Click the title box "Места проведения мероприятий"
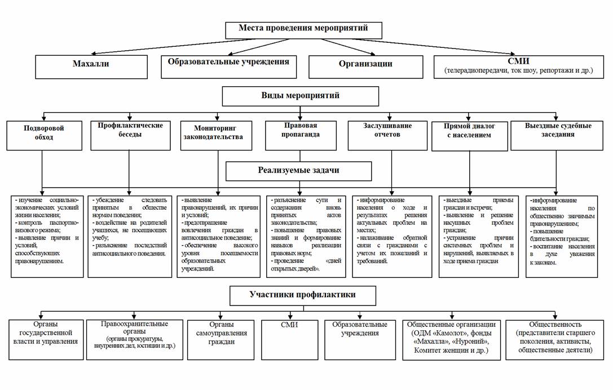click(x=303, y=30)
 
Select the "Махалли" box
click(x=91, y=67)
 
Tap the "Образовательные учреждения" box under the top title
click(x=229, y=67)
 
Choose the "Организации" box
click(x=365, y=67)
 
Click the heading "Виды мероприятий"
click(x=300, y=96)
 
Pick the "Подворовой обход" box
click(x=44, y=136)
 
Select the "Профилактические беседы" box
click(x=130, y=136)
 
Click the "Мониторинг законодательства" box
click(x=216, y=136)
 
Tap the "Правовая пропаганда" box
click(x=301, y=136)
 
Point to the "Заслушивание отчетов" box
click(x=387, y=136)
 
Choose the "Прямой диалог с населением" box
click(x=470, y=136)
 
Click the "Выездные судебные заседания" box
click(x=557, y=136)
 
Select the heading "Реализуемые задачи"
click(x=299, y=171)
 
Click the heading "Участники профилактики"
click(x=303, y=296)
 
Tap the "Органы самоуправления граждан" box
click(x=221, y=340)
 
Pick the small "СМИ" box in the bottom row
click(x=289, y=340)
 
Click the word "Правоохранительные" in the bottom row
click(x=134, y=324)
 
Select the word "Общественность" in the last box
click(x=555, y=325)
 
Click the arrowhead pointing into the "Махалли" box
click(x=94, y=54)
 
